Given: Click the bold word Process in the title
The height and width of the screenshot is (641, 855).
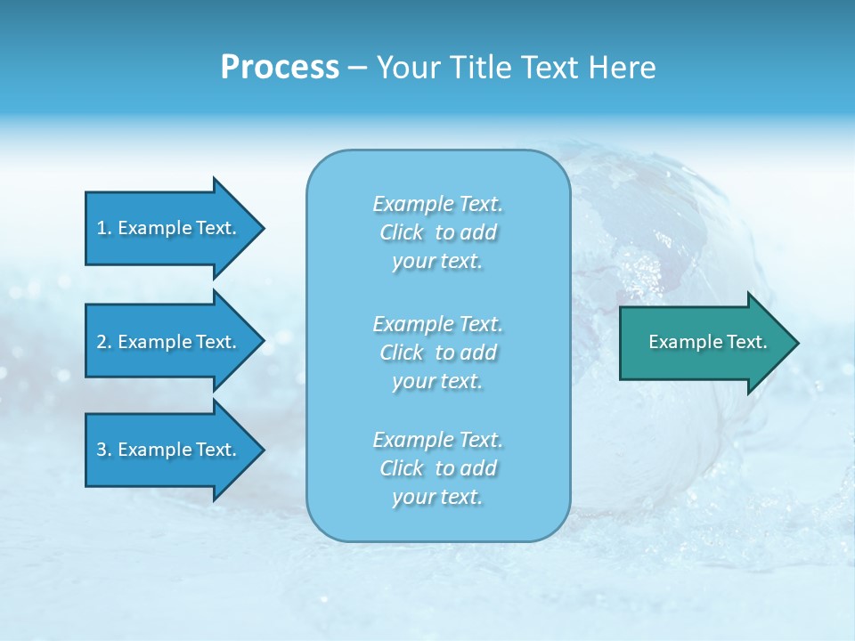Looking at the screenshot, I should pyautogui.click(x=280, y=68).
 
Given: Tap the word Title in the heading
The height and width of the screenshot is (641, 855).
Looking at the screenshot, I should pyautogui.click(x=477, y=68).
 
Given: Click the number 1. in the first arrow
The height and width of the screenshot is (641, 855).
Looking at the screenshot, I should pyautogui.click(x=104, y=228).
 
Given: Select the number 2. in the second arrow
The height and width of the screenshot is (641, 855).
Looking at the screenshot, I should pyautogui.click(x=104, y=342).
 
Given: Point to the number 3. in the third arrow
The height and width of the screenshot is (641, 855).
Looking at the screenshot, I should pyautogui.click(x=104, y=450).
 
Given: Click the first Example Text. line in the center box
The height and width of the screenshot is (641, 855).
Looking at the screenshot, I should pyautogui.click(x=437, y=204).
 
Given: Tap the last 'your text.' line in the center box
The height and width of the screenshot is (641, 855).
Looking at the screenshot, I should pyautogui.click(x=437, y=498).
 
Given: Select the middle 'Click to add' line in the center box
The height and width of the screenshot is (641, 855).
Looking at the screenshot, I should pyautogui.click(x=437, y=353).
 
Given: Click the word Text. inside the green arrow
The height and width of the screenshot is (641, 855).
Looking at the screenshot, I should pyautogui.click(x=746, y=342).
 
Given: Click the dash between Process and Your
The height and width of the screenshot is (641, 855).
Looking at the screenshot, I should pyautogui.click(x=357, y=68).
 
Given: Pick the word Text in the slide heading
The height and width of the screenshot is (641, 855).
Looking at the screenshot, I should pyautogui.click(x=546, y=68).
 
